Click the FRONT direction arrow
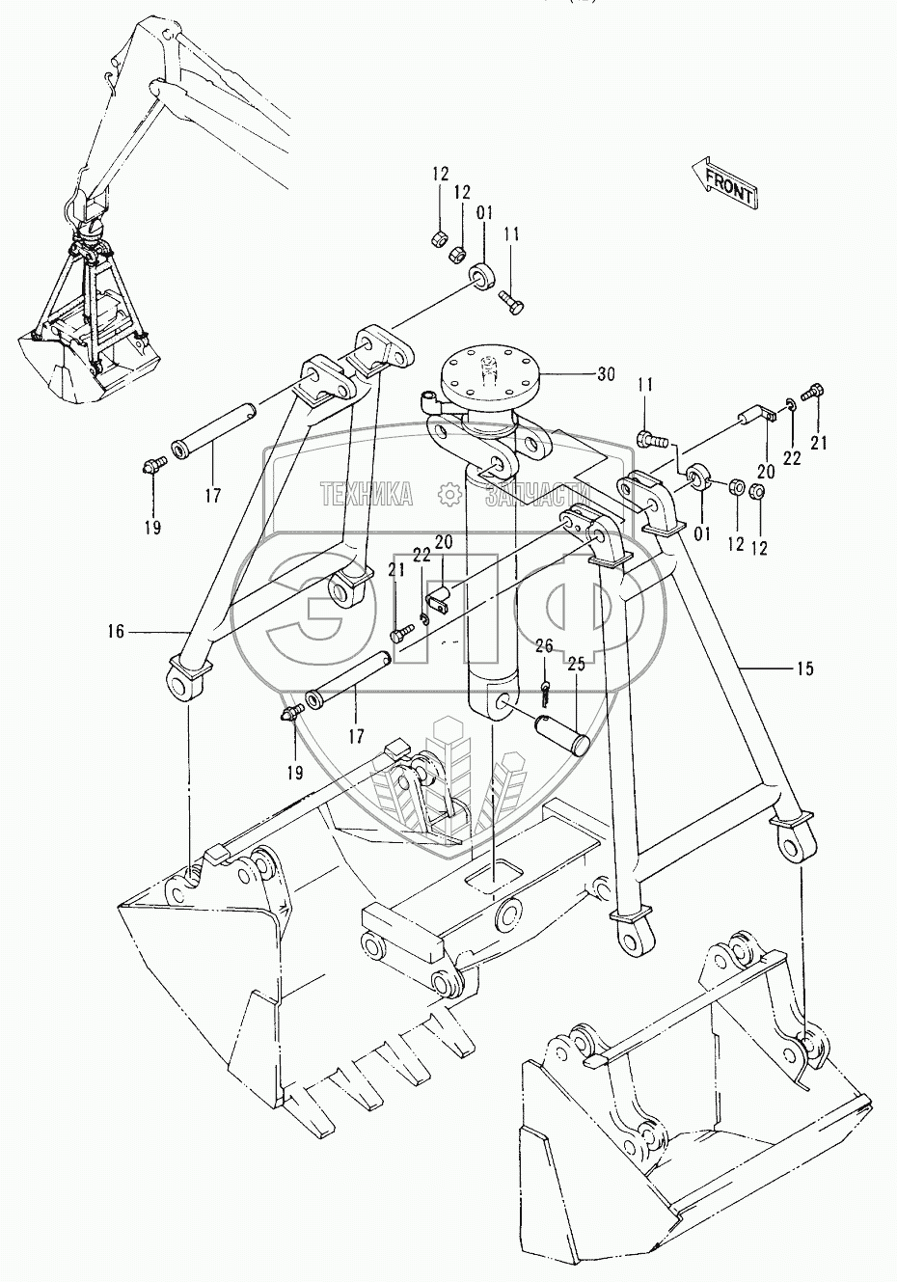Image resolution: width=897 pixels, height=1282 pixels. click(x=724, y=183)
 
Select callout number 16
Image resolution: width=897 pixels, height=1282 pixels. click(x=116, y=632)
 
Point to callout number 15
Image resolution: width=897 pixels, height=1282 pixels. click(x=804, y=668)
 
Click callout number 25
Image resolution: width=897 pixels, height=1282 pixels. click(x=577, y=665)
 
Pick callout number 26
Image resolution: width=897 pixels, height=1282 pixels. click(x=544, y=646)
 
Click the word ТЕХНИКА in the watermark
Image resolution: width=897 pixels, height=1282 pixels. click(x=367, y=494)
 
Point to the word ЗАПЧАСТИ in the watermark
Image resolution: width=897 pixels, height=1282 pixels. click(x=537, y=494)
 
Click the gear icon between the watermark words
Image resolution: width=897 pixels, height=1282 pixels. click(x=449, y=495)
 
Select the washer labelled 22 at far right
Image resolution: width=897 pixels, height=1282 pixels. click(x=791, y=406)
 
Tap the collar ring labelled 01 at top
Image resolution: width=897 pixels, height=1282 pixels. click(x=483, y=277)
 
